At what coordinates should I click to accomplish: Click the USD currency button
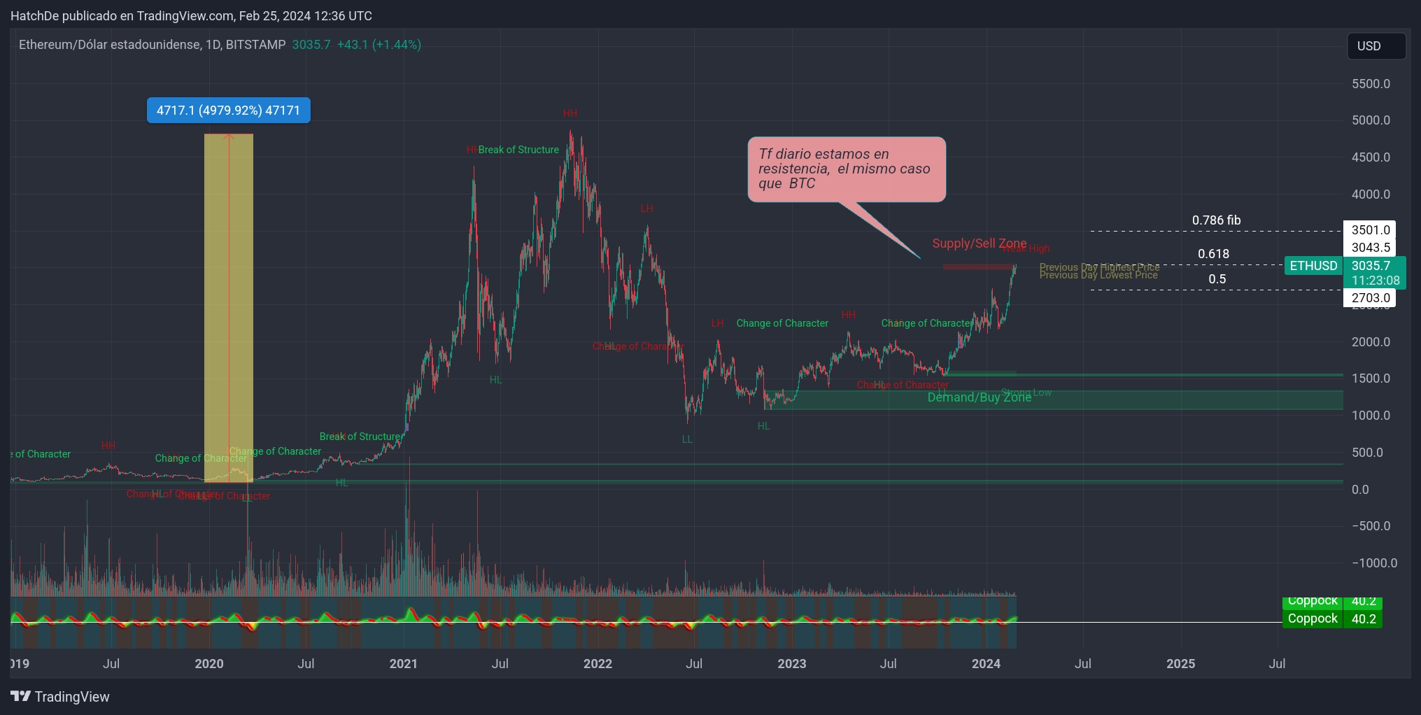click(1376, 46)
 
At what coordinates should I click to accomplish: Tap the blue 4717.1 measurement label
click(228, 111)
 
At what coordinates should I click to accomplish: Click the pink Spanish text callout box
click(846, 169)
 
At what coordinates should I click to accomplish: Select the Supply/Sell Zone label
click(979, 243)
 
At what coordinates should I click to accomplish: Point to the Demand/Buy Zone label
click(979, 397)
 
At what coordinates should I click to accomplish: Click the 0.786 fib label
click(1216, 220)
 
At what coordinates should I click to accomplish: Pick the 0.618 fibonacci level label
click(1213, 254)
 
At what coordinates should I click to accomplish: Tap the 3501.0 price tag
click(1370, 230)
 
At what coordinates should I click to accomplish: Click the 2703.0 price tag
click(1370, 298)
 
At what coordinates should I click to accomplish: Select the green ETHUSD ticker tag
click(1313, 266)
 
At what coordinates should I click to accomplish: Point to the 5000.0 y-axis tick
click(1370, 120)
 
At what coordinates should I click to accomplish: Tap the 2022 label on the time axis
click(598, 664)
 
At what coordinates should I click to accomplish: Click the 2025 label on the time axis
click(1180, 664)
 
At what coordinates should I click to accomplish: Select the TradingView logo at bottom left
click(60, 697)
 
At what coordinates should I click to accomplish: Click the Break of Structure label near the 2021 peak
click(518, 150)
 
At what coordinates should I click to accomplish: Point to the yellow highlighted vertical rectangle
click(229, 308)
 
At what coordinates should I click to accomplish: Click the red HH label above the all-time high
click(570, 113)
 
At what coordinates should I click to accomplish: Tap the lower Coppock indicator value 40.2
click(1363, 619)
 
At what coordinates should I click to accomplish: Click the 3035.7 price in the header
click(311, 45)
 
